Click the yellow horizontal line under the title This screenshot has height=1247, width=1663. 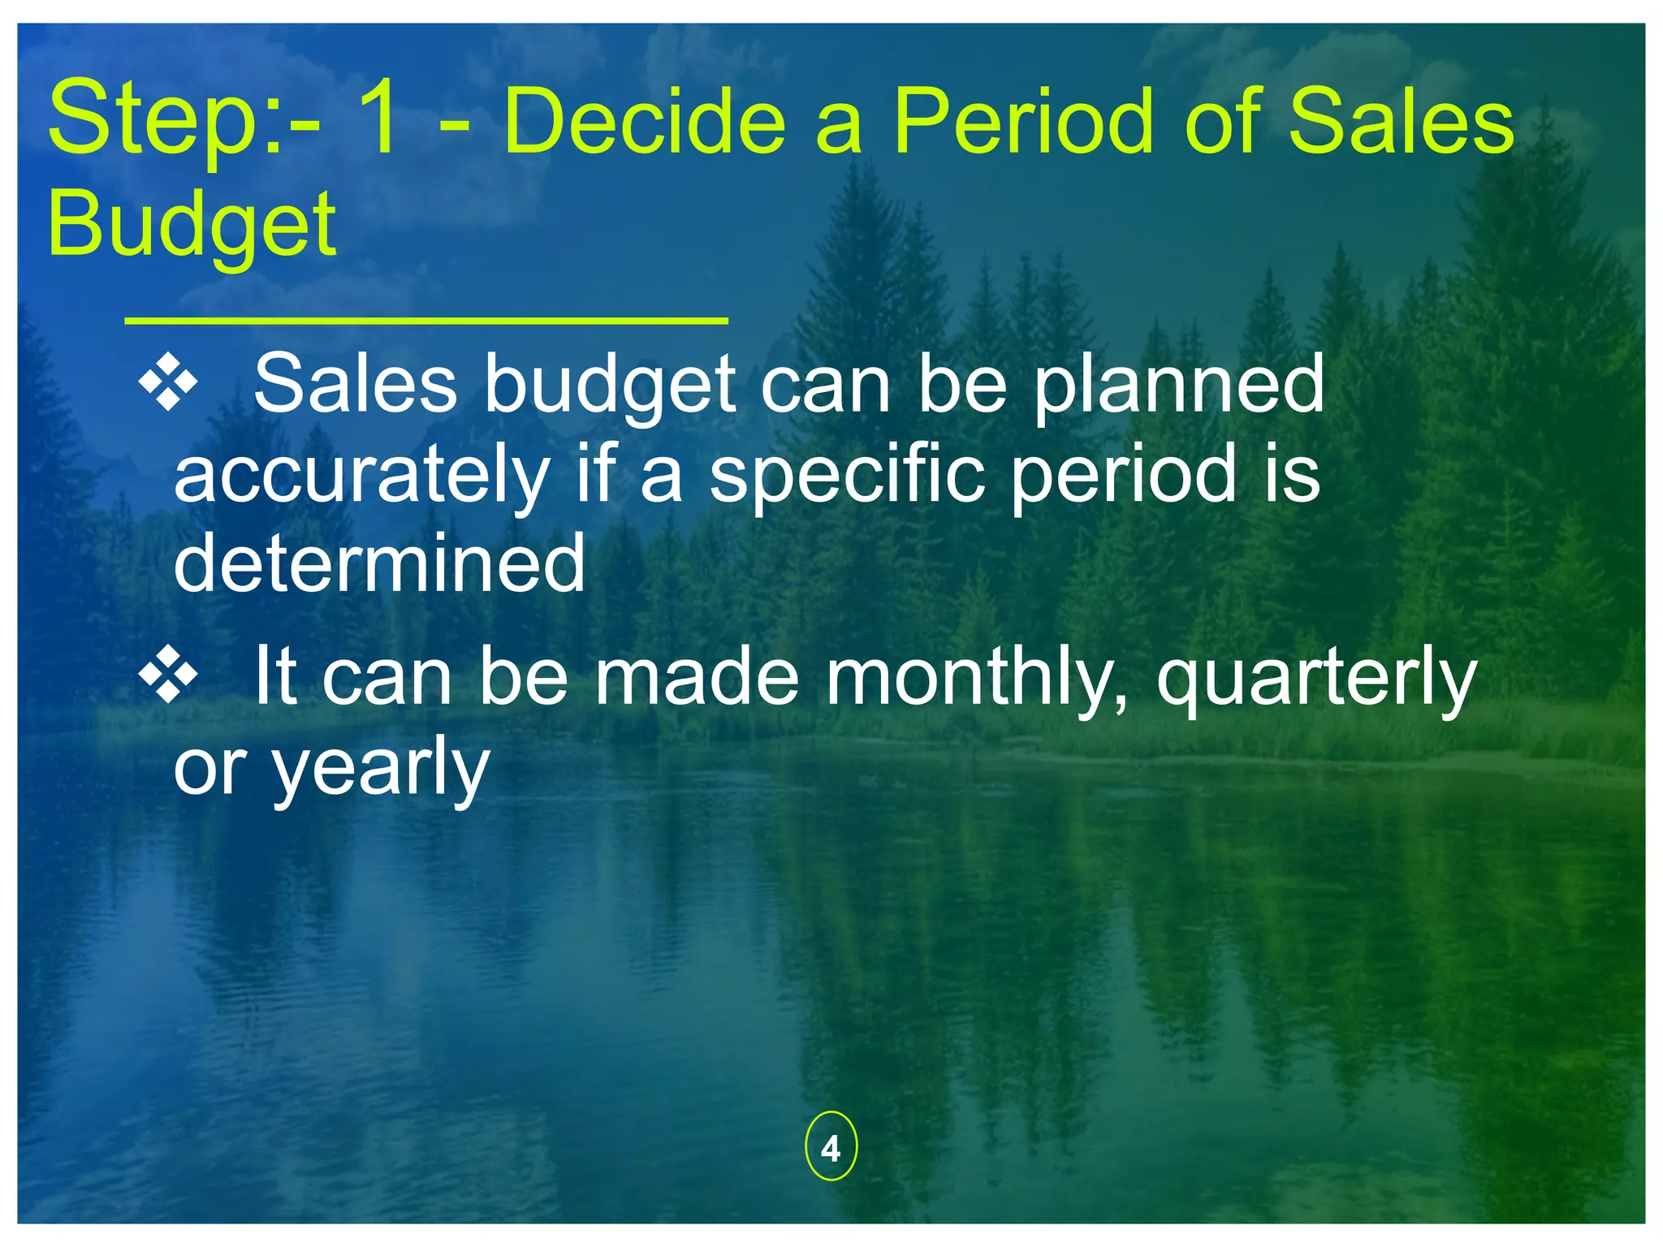[425, 321]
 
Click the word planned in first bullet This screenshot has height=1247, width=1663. [1179, 385]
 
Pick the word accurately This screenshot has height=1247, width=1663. [362, 475]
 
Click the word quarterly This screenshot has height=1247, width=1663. [1315, 678]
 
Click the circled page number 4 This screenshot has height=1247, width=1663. [830, 1148]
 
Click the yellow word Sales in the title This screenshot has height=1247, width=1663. [1401, 122]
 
